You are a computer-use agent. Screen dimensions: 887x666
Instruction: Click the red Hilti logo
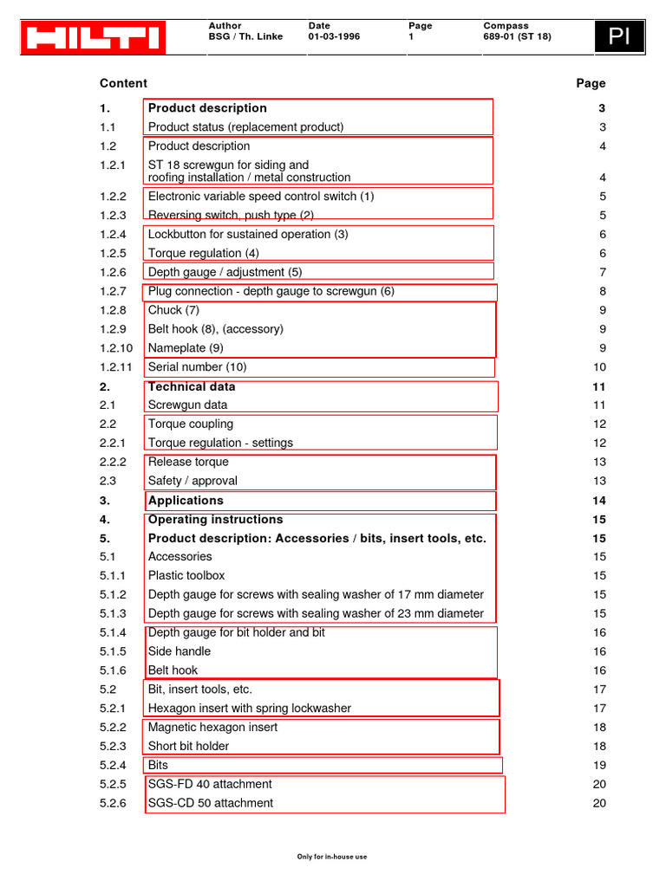(x=93, y=38)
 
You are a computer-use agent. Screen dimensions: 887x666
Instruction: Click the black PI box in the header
(x=619, y=37)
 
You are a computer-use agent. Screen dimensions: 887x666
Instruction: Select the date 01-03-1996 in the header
(x=334, y=37)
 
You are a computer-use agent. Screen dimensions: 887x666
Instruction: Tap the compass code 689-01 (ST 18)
(x=517, y=37)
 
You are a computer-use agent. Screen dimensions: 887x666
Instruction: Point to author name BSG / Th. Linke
(x=245, y=37)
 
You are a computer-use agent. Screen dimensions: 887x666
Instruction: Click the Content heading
(x=123, y=84)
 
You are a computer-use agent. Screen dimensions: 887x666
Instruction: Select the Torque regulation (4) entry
(x=204, y=254)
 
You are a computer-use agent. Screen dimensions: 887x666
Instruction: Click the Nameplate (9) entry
(x=186, y=348)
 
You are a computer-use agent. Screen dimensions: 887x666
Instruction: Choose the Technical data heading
(x=192, y=387)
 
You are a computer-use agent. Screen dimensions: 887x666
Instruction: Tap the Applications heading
(x=186, y=501)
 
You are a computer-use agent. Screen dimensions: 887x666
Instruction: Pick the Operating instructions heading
(x=215, y=520)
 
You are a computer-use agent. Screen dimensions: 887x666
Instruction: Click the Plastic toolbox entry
(x=186, y=576)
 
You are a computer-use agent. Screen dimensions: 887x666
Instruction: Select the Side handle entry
(x=180, y=651)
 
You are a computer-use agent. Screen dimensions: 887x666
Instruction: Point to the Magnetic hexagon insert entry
(x=212, y=728)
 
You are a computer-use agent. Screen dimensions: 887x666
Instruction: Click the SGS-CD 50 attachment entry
(x=211, y=803)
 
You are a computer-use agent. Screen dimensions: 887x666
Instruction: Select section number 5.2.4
(x=113, y=766)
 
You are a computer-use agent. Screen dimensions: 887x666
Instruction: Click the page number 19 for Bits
(x=599, y=766)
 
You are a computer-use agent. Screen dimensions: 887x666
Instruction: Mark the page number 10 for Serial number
(x=599, y=367)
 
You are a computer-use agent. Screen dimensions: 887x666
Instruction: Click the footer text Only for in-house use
(x=332, y=857)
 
